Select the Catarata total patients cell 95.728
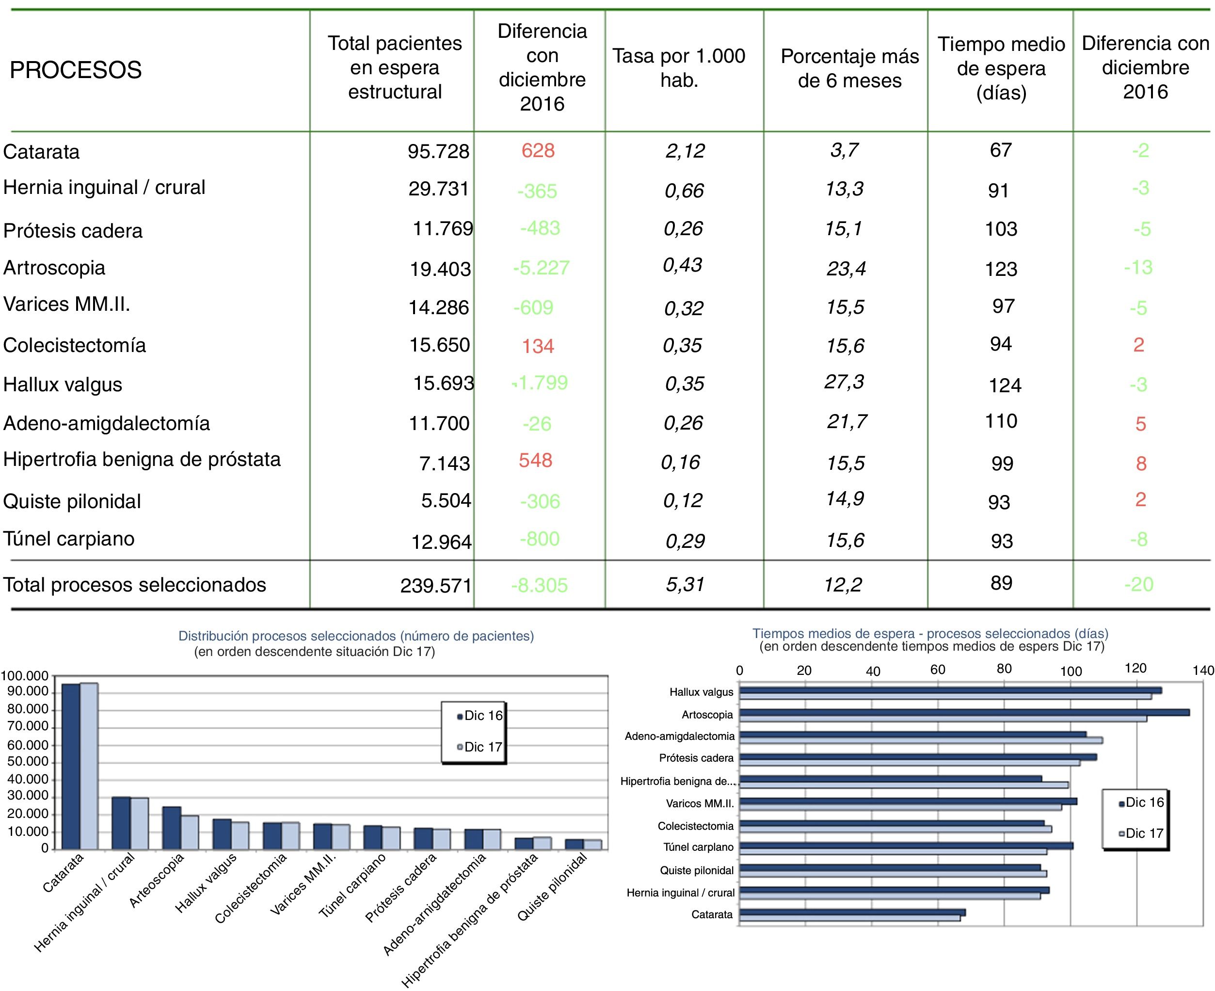[x=438, y=151]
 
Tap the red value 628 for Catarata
[x=538, y=151]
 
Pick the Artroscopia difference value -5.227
[x=541, y=268]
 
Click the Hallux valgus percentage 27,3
[x=844, y=382]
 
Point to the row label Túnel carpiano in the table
[x=69, y=539]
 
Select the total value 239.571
[x=436, y=586]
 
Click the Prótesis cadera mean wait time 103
[x=1001, y=229]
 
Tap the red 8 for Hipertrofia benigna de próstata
[x=1141, y=463]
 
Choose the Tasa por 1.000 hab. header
[x=679, y=68]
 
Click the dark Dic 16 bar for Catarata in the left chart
[x=71, y=766]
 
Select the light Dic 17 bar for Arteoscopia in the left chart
[x=190, y=832]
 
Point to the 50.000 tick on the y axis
[x=28, y=762]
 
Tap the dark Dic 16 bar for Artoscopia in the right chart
[x=964, y=712]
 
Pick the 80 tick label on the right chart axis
[x=1004, y=669]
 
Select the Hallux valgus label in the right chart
[x=701, y=692]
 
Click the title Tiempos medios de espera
[x=929, y=633]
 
